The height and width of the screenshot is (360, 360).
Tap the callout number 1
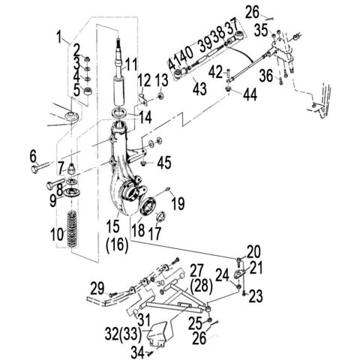pos(58,35)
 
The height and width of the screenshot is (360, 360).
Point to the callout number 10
pos(56,235)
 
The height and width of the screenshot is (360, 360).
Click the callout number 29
pos(97,289)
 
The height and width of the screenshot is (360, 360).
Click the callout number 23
pos(256,298)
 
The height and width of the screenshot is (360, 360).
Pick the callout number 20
pos(254,251)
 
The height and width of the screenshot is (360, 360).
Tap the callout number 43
pos(199,88)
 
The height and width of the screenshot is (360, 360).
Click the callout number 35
pos(260,31)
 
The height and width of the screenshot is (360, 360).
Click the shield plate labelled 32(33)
pos(160,334)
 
